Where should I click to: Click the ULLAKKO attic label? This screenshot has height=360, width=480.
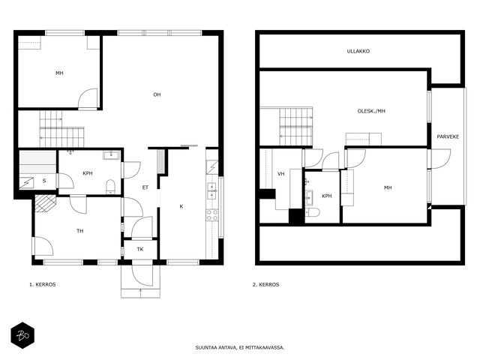click(358, 52)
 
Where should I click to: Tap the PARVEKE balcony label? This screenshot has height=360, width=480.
click(448, 136)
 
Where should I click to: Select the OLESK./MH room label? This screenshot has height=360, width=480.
click(371, 111)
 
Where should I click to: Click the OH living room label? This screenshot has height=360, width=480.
click(157, 94)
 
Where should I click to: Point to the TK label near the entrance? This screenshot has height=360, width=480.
click(140, 249)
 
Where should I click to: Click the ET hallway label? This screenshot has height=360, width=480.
click(145, 187)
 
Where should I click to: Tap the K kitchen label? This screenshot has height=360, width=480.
click(181, 206)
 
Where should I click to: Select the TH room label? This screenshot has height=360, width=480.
click(80, 231)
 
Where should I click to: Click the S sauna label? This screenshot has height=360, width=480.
click(44, 181)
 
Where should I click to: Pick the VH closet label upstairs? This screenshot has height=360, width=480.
click(281, 174)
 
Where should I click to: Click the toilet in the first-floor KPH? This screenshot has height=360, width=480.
click(110, 187)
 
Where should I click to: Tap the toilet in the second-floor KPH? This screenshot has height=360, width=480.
click(313, 212)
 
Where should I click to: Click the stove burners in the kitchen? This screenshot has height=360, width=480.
click(211, 215)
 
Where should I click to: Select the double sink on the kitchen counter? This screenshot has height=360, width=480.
click(211, 191)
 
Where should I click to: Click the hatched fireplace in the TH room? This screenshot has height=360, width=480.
click(46, 203)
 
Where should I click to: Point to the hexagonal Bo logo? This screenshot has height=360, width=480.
click(22, 335)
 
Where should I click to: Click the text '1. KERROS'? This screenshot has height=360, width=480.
click(43, 285)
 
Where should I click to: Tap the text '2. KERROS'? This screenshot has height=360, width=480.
click(266, 285)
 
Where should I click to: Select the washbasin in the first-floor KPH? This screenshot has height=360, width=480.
click(111, 155)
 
